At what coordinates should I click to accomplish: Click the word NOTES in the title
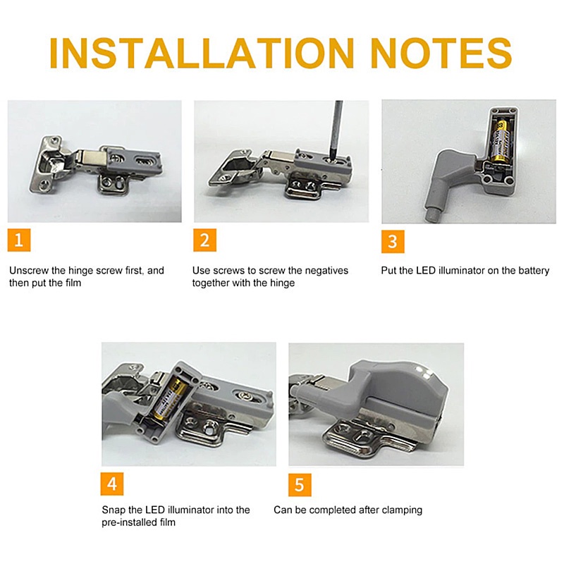coord(441,53)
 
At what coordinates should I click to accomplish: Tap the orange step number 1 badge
coord(19,240)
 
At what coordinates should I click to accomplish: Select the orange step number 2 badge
coord(204,240)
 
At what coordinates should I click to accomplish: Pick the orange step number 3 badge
coord(393,241)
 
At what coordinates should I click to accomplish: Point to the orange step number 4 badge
coord(112,484)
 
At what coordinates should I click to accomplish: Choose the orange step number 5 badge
coord(300,485)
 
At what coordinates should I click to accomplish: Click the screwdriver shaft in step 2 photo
coord(336,130)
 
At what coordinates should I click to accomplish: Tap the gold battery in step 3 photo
coord(500,140)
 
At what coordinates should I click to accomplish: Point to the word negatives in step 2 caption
coord(326,271)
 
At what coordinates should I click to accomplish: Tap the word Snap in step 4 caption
coord(114,510)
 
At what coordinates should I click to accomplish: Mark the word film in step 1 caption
coord(73,283)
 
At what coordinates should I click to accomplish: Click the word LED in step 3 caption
coord(426,271)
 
